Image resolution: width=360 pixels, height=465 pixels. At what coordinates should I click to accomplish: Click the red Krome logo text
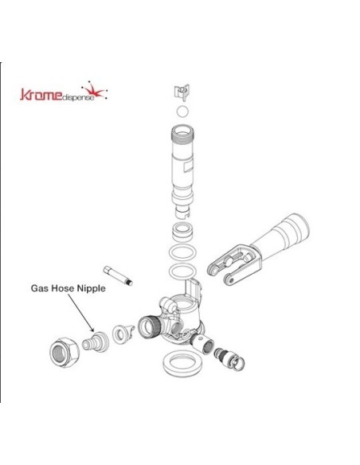click(x=41, y=95)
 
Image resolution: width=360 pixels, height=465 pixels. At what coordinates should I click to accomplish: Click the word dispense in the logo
click(x=78, y=98)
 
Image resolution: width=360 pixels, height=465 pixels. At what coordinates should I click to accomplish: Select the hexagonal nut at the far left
click(x=64, y=352)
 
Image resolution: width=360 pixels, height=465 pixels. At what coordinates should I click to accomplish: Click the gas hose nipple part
click(x=96, y=342)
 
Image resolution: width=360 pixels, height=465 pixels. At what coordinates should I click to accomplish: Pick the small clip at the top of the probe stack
click(x=182, y=92)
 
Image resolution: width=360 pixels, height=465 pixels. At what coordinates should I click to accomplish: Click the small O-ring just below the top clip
click(x=182, y=111)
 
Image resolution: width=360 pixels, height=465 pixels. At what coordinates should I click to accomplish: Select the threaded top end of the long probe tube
click(x=182, y=134)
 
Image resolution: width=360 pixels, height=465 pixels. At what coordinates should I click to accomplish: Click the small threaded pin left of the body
click(x=118, y=275)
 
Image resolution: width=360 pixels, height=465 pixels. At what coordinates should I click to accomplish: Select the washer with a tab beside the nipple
click(x=123, y=334)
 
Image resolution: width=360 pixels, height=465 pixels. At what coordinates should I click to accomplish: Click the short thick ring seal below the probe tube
click(x=182, y=232)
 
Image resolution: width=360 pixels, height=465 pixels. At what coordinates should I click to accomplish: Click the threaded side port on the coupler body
click(x=150, y=327)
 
